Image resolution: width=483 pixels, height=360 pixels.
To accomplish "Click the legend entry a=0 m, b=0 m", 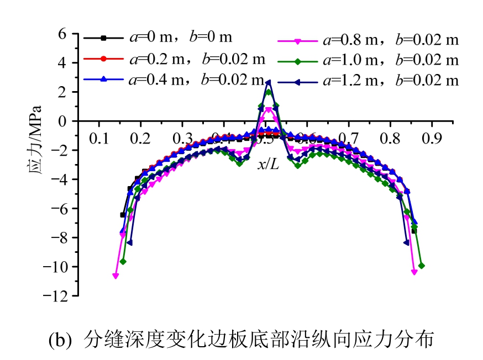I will tap(177, 38).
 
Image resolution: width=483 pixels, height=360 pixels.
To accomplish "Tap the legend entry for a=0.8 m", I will tap(391, 40).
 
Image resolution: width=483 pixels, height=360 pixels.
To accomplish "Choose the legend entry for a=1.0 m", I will tap(391, 60).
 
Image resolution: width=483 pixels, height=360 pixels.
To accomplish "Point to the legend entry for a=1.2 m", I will tap(391, 80).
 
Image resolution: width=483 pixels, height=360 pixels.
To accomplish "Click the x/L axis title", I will tap(268, 164).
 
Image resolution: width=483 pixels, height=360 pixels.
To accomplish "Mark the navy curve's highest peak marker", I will tap(268, 82).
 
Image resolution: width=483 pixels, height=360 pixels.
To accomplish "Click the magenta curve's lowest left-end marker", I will tap(116, 276).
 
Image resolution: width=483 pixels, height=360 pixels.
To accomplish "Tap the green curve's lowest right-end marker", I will tap(422, 266).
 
